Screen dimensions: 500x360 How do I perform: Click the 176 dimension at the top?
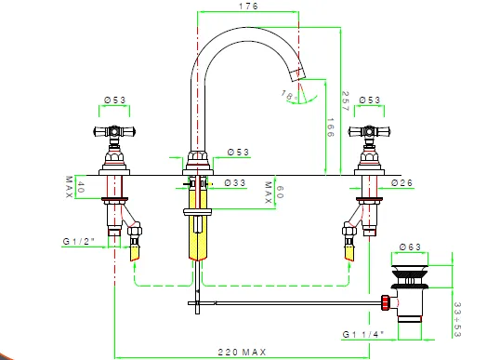coord(248,7)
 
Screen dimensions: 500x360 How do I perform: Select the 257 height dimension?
coord(346,100)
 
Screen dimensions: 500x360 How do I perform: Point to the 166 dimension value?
coord(330,127)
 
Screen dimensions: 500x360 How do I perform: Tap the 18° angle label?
coord(290,95)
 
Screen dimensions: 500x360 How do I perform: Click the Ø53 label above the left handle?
coord(115,100)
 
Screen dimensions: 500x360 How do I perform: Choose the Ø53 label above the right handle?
coord(370,100)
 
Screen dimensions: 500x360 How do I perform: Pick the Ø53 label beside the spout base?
coord(238,152)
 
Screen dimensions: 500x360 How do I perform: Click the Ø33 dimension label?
coord(235,183)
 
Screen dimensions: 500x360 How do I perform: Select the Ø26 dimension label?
coord(401,183)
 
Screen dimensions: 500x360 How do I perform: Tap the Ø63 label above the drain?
coord(410,247)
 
